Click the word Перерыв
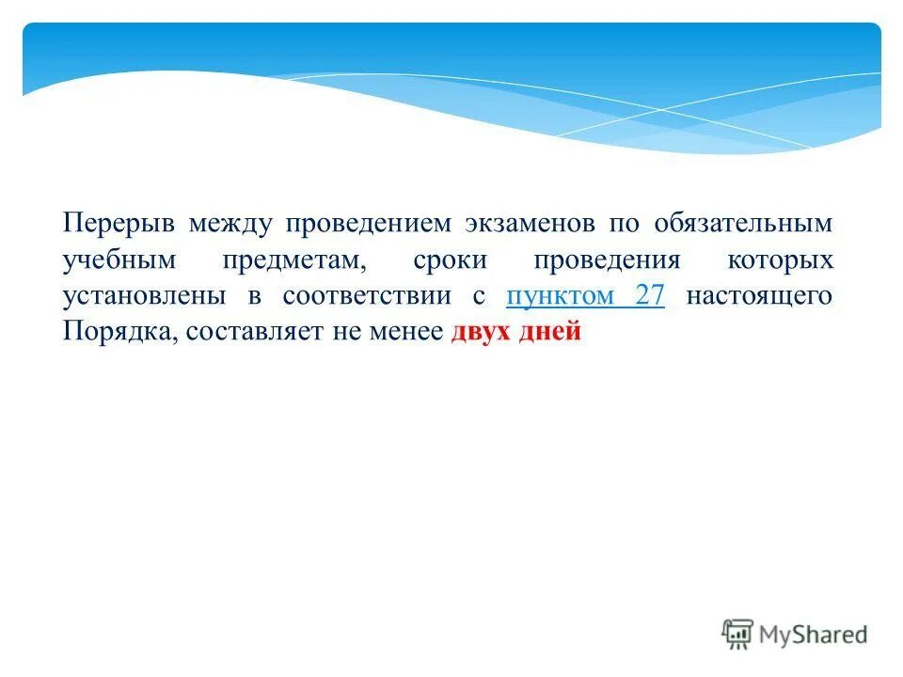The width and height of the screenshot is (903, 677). click(x=119, y=225)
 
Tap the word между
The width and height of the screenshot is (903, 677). click(x=230, y=225)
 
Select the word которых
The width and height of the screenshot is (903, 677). click(x=781, y=260)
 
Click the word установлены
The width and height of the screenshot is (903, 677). click(x=145, y=296)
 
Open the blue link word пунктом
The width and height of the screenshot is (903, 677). click(x=559, y=296)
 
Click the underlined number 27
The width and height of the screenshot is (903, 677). click(x=650, y=295)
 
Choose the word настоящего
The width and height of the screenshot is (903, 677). click(x=759, y=296)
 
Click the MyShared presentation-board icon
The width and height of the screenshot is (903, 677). click(x=738, y=634)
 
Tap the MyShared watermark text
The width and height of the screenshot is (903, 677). click(x=815, y=636)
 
